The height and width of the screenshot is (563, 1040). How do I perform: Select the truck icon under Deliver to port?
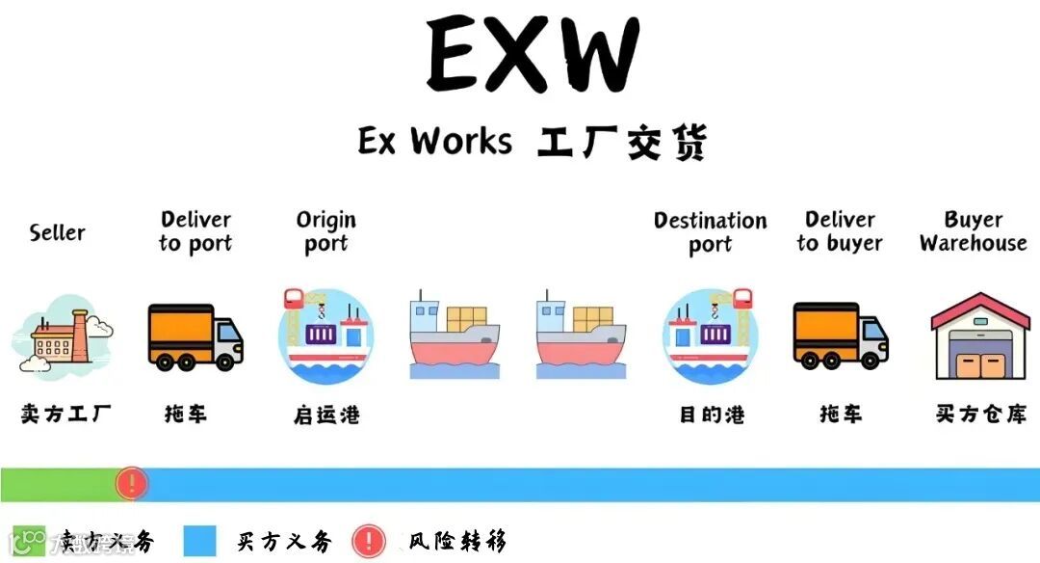tap(195, 336)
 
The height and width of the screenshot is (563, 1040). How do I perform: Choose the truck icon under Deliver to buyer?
tap(840, 335)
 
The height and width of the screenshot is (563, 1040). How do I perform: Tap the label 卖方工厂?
tap(65, 415)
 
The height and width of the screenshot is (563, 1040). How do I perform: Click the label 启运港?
tap(326, 416)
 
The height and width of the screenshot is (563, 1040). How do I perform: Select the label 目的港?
tap(712, 416)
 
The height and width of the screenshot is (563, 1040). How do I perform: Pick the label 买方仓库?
tap(980, 415)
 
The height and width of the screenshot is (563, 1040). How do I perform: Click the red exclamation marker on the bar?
tap(130, 483)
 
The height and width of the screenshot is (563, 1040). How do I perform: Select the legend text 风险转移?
tap(456, 541)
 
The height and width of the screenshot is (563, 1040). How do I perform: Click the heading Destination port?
tap(711, 232)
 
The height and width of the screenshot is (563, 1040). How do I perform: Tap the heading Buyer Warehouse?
tap(973, 231)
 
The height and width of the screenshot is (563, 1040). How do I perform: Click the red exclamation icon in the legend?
tap(369, 541)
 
